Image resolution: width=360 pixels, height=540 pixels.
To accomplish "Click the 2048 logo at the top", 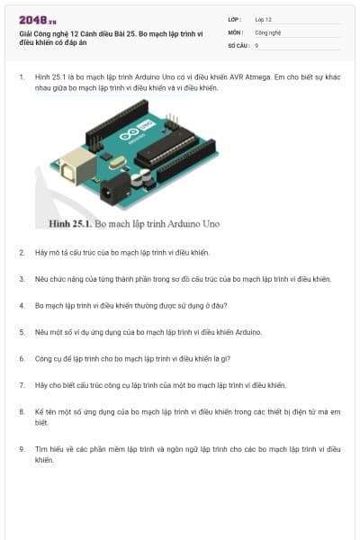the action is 38,21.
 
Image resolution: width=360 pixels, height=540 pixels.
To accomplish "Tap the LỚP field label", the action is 234,20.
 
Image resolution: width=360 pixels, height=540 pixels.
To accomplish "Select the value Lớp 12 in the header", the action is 263,20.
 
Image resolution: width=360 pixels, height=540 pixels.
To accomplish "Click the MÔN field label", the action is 236,32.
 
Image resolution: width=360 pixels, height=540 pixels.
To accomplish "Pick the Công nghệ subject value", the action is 268,32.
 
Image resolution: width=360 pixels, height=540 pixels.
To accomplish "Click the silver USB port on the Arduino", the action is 76,166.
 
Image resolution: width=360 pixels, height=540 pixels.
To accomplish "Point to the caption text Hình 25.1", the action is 70,224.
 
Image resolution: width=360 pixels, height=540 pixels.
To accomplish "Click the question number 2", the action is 22,253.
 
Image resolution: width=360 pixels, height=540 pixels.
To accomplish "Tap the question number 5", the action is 22,332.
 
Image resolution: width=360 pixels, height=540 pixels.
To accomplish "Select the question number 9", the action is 22,449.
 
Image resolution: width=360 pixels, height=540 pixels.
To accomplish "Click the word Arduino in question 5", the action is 248,332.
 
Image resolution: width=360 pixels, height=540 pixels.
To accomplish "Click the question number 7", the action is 22,385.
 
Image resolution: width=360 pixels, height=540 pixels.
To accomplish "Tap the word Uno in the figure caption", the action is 211,224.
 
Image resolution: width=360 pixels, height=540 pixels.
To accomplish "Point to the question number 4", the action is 22,306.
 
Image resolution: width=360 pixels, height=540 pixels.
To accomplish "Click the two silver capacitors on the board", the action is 141,177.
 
